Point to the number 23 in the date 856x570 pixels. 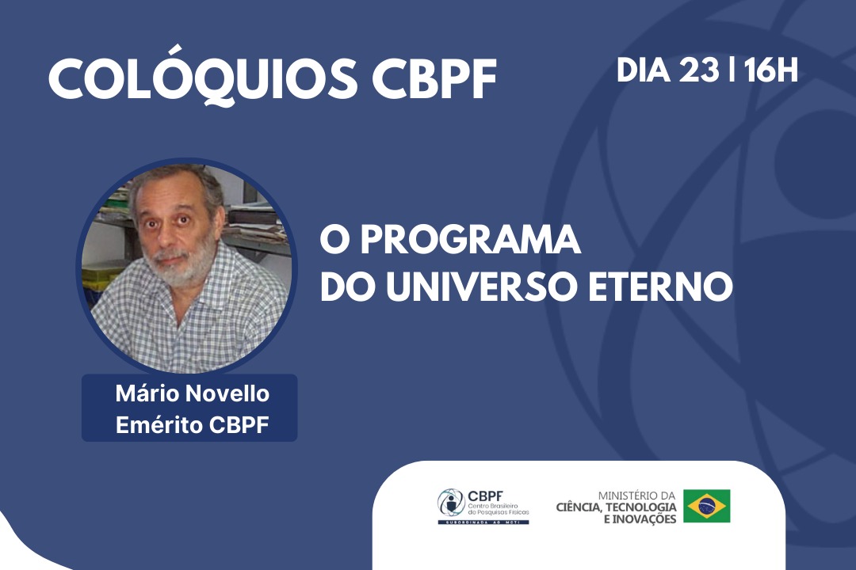point(699,70)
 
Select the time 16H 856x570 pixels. point(771,70)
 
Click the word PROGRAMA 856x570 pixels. point(470,240)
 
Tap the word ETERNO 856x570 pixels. point(660,287)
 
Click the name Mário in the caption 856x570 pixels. point(147,393)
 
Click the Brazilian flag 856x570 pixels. point(706,506)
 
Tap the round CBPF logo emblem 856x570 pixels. point(451,503)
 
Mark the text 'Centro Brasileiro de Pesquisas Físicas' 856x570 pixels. point(499,510)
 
